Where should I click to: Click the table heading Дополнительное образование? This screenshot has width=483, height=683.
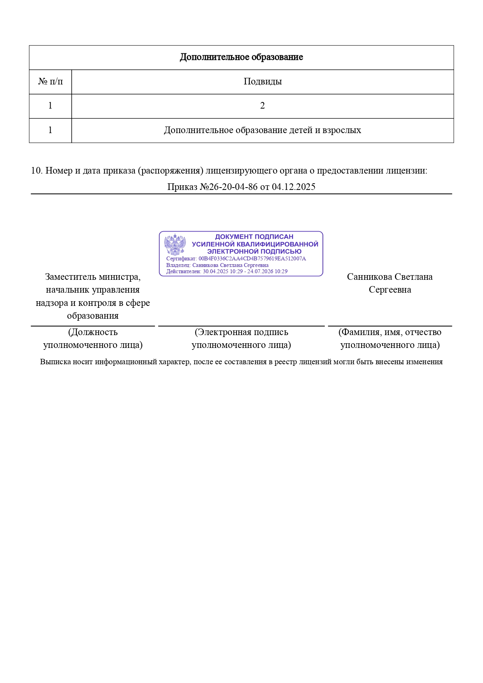[x=241, y=57]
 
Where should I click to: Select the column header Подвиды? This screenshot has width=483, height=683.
[x=263, y=82]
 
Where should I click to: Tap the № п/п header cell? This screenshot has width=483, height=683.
[x=50, y=82]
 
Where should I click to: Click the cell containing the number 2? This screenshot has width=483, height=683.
[x=263, y=106]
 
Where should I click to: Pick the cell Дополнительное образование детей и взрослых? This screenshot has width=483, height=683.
[x=262, y=130]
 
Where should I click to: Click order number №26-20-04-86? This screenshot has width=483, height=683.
[x=229, y=187]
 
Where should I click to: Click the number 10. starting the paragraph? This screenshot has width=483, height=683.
[x=37, y=170]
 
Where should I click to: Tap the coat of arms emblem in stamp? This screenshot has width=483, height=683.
[x=175, y=244]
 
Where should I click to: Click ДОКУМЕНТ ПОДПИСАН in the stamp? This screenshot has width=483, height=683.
[x=254, y=237]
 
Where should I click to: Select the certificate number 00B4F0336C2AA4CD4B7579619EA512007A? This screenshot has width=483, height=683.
[x=252, y=258]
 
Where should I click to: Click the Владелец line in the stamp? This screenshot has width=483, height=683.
[x=217, y=265]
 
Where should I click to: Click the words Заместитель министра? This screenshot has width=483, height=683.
[x=93, y=277]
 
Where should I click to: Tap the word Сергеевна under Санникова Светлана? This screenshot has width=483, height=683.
[x=390, y=290]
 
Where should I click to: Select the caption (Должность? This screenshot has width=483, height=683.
[x=93, y=332]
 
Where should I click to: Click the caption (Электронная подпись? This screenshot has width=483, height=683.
[x=241, y=332]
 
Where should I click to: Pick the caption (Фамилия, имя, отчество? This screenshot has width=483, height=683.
[x=390, y=332]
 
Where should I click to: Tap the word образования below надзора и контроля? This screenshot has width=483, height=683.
[x=93, y=316]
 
